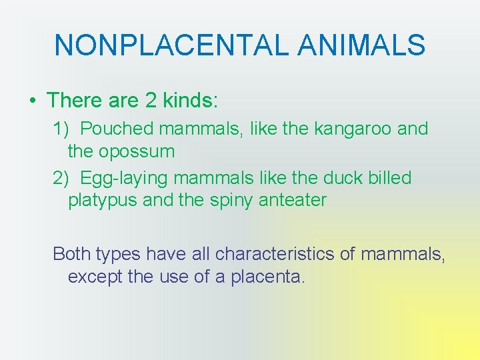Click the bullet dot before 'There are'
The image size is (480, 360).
pyautogui.click(x=32, y=101)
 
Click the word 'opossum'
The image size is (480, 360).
pyautogui.click(x=137, y=152)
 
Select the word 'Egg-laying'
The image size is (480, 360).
pyautogui.click(x=127, y=179)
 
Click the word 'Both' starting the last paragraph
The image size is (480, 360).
pyautogui.click(x=72, y=253)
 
